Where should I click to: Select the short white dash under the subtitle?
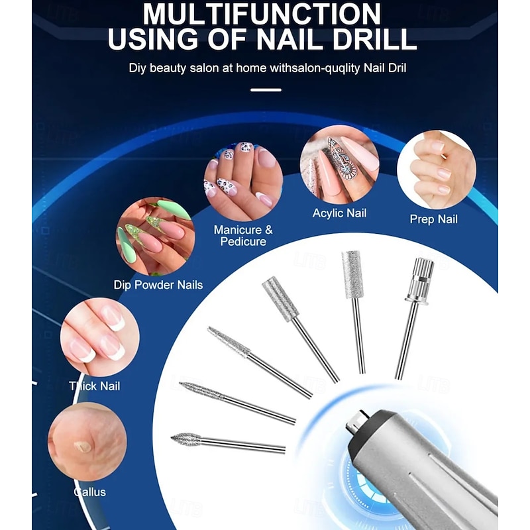point(266,89)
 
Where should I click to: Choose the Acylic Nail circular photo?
point(339,164)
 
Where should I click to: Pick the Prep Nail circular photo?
point(436,170)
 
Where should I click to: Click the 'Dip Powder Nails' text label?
point(158,286)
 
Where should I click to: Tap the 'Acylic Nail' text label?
point(339,213)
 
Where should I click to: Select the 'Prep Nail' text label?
point(433,219)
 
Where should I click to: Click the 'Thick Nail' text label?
point(94,386)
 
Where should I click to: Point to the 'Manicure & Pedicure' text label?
point(242,236)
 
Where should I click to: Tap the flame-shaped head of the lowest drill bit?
point(185,439)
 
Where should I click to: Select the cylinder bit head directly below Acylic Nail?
point(352,274)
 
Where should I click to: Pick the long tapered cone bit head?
point(229,341)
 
